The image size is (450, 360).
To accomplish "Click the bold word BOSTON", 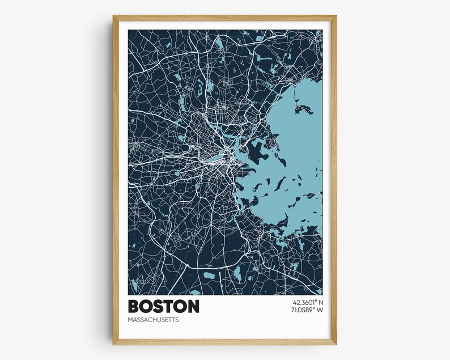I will click(x=164, y=306).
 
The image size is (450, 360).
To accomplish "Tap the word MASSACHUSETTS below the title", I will click(x=153, y=320).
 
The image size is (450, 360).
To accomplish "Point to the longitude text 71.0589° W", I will click(x=304, y=310).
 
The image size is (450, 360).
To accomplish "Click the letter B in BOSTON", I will click(x=134, y=306).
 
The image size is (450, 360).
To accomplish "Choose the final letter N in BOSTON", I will click(x=193, y=306).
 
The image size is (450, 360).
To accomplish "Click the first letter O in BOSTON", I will click(x=146, y=306).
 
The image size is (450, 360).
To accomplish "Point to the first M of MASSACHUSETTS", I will click(x=131, y=320).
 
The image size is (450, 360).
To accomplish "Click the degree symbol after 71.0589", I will click(x=313, y=308).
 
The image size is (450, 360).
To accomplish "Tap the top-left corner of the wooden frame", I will click(x=113, y=16).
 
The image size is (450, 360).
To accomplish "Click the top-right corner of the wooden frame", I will click(x=336, y=16).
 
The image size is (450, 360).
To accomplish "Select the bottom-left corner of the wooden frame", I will click(x=113, y=344).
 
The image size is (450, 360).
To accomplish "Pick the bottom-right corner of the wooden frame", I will click(x=336, y=344).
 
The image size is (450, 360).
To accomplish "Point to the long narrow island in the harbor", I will click(x=279, y=183).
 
